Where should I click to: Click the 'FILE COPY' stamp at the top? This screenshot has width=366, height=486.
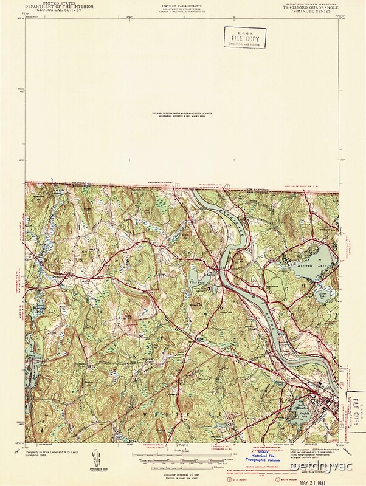(244, 37)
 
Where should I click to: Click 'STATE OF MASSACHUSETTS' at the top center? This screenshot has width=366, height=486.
(183, 4)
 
